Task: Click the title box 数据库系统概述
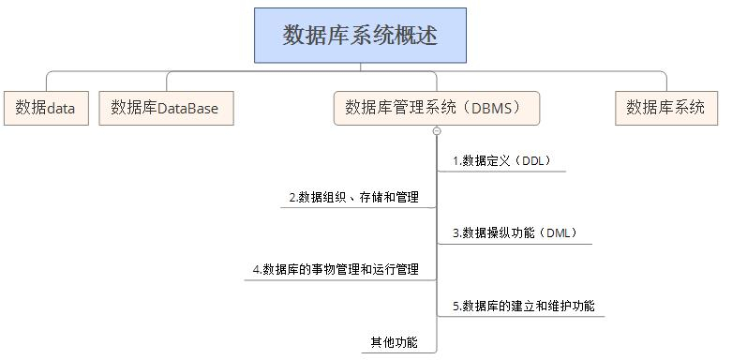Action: [360, 36]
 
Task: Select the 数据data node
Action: [45, 108]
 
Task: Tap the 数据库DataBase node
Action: [165, 108]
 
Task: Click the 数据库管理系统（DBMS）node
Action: [437, 108]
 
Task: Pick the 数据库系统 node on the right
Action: [665, 108]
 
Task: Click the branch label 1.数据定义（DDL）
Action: [501, 161]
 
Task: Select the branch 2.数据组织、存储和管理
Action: [354, 198]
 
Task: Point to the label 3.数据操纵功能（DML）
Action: [515, 233]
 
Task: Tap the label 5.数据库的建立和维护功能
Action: [523, 307]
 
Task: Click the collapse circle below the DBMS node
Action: [437, 131]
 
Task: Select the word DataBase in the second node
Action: [187, 109]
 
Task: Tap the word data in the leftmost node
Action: [61, 109]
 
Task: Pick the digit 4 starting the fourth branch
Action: [256, 270]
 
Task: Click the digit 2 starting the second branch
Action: [291, 198]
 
